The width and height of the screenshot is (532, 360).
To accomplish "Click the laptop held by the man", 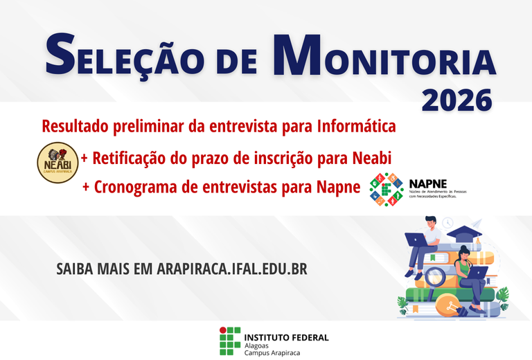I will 417,240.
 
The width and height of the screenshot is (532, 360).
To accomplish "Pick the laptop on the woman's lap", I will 477,273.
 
